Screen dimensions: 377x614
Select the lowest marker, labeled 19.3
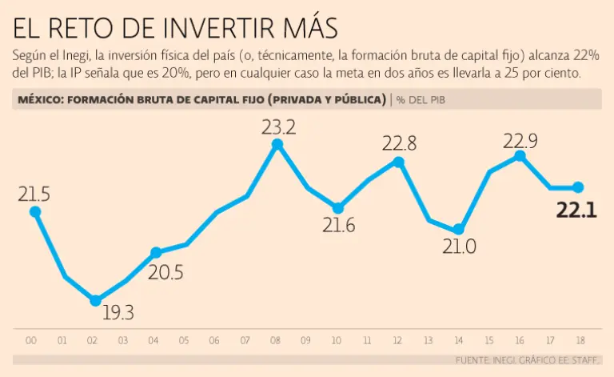[96, 300]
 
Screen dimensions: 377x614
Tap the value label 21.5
[34, 194]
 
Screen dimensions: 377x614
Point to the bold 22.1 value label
[576, 211]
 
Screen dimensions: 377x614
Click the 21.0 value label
[459, 247]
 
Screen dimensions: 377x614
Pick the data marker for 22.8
[399, 162]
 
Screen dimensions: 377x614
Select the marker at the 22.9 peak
[520, 156]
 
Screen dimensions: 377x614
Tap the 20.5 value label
[165, 272]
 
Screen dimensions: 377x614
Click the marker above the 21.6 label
[338, 207]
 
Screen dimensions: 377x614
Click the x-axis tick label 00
[31, 341]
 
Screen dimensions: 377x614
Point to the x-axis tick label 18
[580, 341]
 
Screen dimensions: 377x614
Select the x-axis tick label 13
[429, 341]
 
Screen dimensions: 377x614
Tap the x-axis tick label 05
[185, 341]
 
